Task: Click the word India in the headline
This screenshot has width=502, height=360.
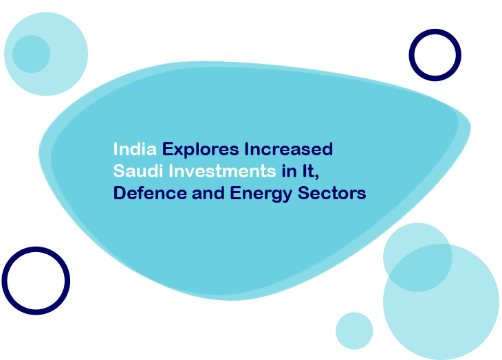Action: pos(135,149)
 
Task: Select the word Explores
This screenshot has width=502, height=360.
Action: pos(200,149)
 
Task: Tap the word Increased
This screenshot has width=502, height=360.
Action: pos(288,149)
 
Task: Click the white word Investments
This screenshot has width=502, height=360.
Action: pos(222,171)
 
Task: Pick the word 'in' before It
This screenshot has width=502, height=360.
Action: pos(289,171)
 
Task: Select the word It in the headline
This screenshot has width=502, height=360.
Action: pos(308,171)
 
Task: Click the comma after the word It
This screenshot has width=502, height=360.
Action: pos(316,177)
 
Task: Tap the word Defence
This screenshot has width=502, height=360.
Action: pos(150,193)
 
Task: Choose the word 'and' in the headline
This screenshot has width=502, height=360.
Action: pos(208,193)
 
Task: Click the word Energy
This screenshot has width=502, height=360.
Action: pos(261,194)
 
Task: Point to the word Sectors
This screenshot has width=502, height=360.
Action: pos(331,193)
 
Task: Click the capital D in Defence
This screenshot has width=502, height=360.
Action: pos(120,193)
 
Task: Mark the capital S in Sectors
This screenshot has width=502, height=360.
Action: pos(303,193)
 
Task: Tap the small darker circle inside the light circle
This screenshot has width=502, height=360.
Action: pos(32,54)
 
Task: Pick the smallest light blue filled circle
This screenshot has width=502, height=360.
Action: pos(354,331)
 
